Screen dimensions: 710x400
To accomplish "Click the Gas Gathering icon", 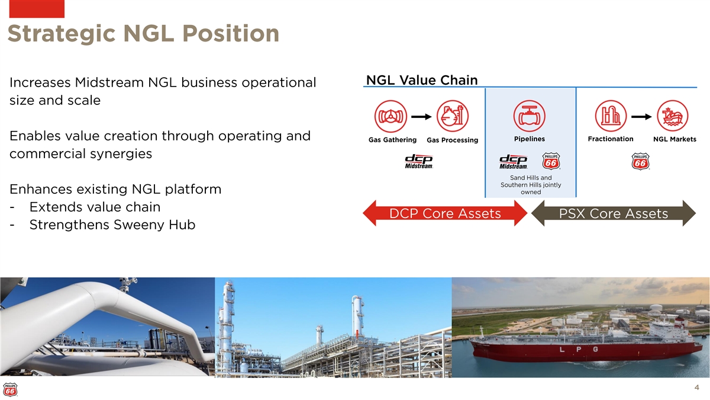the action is point(390,116).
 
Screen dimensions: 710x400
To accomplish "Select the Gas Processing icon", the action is point(452,116).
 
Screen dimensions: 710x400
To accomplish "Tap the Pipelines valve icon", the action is point(530,116).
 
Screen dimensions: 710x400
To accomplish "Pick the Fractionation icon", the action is point(611,116).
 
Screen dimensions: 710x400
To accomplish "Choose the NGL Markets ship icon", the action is point(673,116).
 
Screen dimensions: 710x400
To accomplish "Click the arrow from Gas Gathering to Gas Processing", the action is point(421,117).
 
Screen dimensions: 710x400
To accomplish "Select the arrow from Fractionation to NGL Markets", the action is point(641,117).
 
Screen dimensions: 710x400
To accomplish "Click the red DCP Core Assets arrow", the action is point(445,213).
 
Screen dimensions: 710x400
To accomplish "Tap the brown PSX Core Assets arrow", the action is point(614,213).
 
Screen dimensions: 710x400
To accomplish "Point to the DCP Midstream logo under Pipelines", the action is point(514,162).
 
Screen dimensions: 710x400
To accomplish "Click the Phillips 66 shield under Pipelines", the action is point(551,161).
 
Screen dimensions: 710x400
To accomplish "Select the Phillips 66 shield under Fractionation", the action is point(640,161).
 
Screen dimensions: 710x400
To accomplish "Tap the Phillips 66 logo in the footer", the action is point(10,390).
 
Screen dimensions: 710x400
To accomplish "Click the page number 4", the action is point(697,388).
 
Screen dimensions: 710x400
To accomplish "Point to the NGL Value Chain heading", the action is point(422,80).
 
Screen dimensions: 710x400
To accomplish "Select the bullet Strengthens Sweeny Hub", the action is point(112,225).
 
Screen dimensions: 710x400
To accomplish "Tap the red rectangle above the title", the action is point(37,9).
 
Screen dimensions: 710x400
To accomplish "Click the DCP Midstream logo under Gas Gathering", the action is point(419,162).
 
